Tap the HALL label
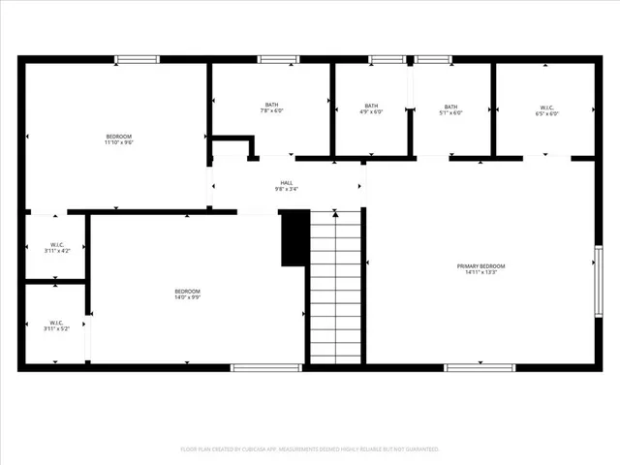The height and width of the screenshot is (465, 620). [x=287, y=182]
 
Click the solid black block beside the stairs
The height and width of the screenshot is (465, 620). [x=294, y=237]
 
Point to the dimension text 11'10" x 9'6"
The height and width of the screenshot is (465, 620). [x=118, y=142]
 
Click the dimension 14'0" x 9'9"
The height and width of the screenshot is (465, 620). [x=187, y=298]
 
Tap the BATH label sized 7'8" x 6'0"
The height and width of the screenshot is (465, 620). [x=271, y=105]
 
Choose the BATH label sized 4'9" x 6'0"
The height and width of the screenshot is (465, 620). [x=372, y=106]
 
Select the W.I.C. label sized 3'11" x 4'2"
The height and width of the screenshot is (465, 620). [x=55, y=244]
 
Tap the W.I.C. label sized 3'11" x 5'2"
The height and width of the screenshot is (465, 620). [x=55, y=324]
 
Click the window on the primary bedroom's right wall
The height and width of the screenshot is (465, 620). [x=599, y=281]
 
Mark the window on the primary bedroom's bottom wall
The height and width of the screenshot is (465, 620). [x=480, y=367]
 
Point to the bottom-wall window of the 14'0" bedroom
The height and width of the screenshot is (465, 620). [x=265, y=367]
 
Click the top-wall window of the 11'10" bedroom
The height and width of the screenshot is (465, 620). [x=138, y=60]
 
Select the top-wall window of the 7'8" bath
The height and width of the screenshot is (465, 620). [x=278, y=60]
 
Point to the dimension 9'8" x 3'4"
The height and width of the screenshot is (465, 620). [x=287, y=189]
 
